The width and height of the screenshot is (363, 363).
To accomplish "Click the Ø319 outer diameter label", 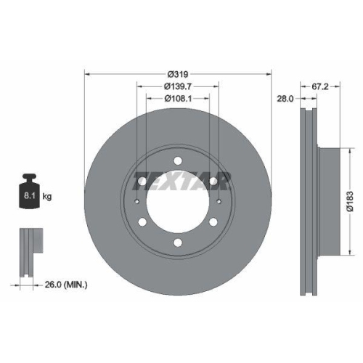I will [x=179, y=74].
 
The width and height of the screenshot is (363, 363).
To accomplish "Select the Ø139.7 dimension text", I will [x=178, y=86].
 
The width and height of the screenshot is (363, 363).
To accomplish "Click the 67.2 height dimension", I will [x=319, y=86].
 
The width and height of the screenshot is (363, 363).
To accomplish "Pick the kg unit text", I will [x=46, y=196].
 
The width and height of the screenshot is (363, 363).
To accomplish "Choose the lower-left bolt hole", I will [x=142, y=221].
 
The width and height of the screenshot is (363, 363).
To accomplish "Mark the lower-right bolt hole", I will [x=213, y=221].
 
